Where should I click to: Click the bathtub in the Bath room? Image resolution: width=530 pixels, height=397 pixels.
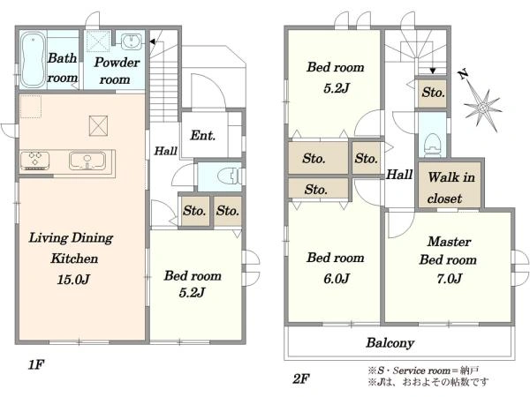click(x=34, y=60)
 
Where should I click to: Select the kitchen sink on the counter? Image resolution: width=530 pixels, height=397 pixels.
click(x=87, y=161)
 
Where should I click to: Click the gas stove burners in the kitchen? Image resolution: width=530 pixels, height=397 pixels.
click(x=35, y=160)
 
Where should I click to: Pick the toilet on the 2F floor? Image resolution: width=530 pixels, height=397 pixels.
click(x=433, y=145)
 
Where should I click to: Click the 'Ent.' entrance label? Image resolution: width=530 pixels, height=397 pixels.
click(x=203, y=135)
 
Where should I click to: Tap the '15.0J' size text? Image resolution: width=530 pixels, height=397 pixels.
click(x=73, y=279)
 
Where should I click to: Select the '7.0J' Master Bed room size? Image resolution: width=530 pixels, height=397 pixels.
click(x=449, y=278)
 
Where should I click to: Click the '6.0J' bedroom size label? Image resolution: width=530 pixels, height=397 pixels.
click(x=337, y=279)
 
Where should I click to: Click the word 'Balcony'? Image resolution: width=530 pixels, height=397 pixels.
click(x=390, y=342)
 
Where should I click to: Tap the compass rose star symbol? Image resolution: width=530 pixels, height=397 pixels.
click(x=482, y=108)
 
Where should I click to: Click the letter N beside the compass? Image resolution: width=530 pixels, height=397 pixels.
click(x=463, y=74)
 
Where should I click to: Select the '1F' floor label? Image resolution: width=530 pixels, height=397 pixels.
click(x=36, y=364)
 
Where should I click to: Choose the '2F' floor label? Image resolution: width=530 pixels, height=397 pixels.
click(x=300, y=379)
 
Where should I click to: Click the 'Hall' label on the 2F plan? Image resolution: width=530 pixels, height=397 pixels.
click(x=399, y=175)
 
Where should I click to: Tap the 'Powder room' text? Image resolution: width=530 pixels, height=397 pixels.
click(x=117, y=71)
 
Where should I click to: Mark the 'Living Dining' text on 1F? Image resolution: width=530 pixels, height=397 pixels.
click(x=71, y=238)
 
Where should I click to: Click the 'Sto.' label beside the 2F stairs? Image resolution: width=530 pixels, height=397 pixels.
click(x=433, y=93)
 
